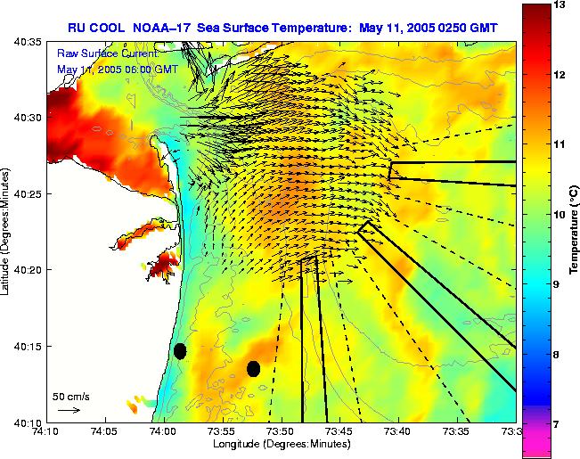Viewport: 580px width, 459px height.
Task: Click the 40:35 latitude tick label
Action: (x=25, y=42)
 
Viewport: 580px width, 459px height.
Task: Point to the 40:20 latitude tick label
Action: (x=25, y=270)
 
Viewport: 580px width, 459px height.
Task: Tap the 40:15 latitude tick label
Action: (x=25, y=346)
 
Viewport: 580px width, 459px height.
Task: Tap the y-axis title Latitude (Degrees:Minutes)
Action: (x=6, y=232)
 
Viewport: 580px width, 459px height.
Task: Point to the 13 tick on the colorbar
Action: (x=560, y=5)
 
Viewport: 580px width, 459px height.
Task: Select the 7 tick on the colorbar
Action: (x=559, y=425)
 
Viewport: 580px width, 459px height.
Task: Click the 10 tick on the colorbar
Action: (x=560, y=215)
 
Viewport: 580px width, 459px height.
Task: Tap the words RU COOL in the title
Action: (x=97, y=27)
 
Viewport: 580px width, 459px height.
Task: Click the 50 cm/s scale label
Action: (x=70, y=396)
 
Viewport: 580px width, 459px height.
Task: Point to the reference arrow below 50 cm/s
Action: (x=69, y=410)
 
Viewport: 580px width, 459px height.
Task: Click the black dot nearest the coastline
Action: (x=180, y=351)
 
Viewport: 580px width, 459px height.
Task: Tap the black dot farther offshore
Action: (x=254, y=368)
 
